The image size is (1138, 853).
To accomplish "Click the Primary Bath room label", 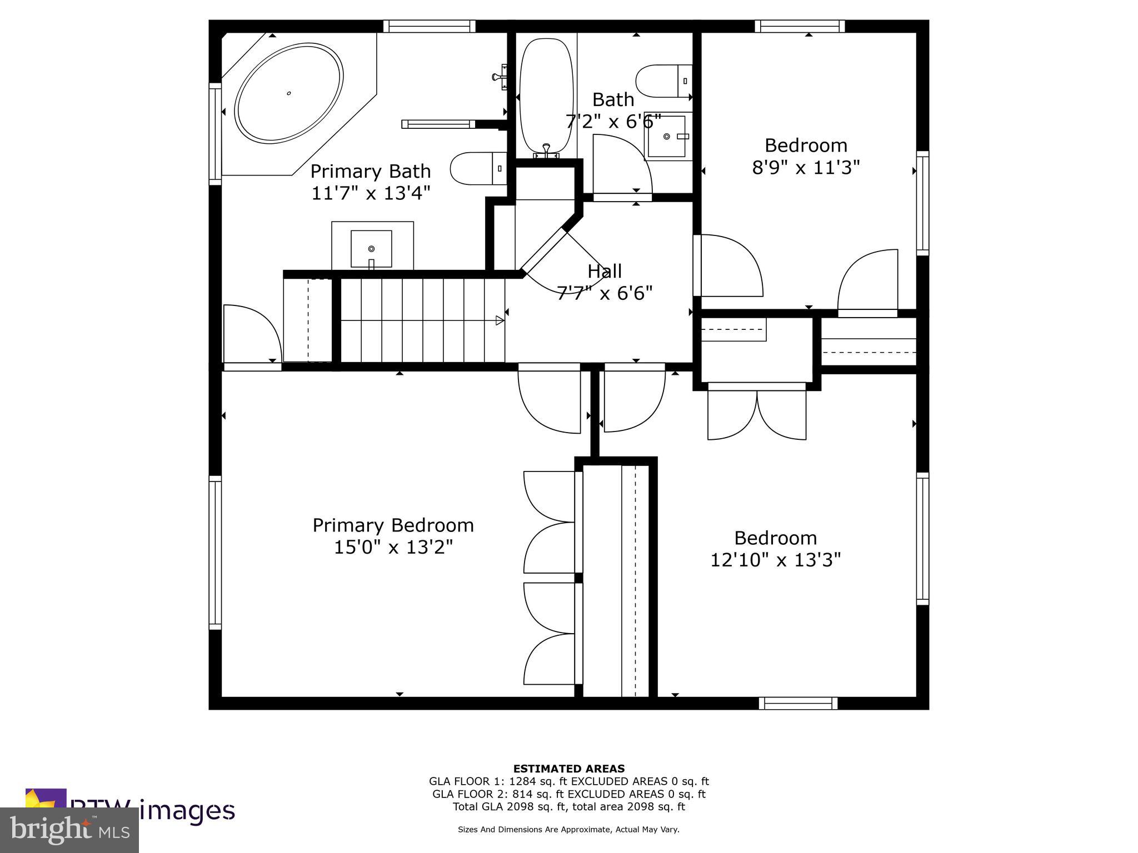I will pyautogui.click(x=370, y=171).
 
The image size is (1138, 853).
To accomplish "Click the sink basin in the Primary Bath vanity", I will pyautogui.click(x=371, y=249).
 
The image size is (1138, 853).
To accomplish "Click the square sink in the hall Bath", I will pyautogui.click(x=668, y=137).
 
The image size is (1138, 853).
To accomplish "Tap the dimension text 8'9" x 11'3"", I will pyautogui.click(x=806, y=167).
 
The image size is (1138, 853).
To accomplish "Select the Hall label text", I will pyautogui.click(x=605, y=272).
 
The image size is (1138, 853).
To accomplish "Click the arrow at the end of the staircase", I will pyautogui.click(x=500, y=320).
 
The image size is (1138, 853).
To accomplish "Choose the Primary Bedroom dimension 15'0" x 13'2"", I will pyautogui.click(x=393, y=548).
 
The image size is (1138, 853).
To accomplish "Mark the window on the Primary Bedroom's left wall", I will pyautogui.click(x=215, y=553).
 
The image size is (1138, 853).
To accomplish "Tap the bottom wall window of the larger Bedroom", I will pyautogui.click(x=798, y=703).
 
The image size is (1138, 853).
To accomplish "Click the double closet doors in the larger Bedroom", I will pyautogui.click(x=757, y=414).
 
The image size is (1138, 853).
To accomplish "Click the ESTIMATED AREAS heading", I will pyautogui.click(x=568, y=769).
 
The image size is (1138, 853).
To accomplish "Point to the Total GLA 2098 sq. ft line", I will pyautogui.click(x=568, y=806).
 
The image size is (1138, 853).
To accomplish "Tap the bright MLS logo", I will pyautogui.click(x=69, y=830).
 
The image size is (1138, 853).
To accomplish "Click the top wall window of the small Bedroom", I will pyautogui.click(x=800, y=26).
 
